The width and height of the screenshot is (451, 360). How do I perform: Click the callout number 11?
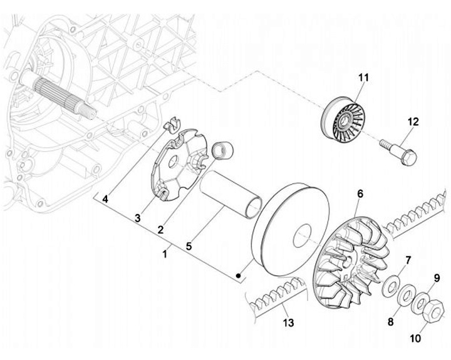(x=364, y=78)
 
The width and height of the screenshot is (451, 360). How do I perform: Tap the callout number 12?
(x=413, y=121)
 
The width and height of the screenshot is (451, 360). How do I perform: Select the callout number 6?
(x=360, y=194)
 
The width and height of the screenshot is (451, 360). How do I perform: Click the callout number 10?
(x=416, y=339)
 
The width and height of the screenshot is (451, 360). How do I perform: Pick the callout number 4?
(x=105, y=200)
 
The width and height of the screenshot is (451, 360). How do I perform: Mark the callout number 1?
(x=165, y=254)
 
